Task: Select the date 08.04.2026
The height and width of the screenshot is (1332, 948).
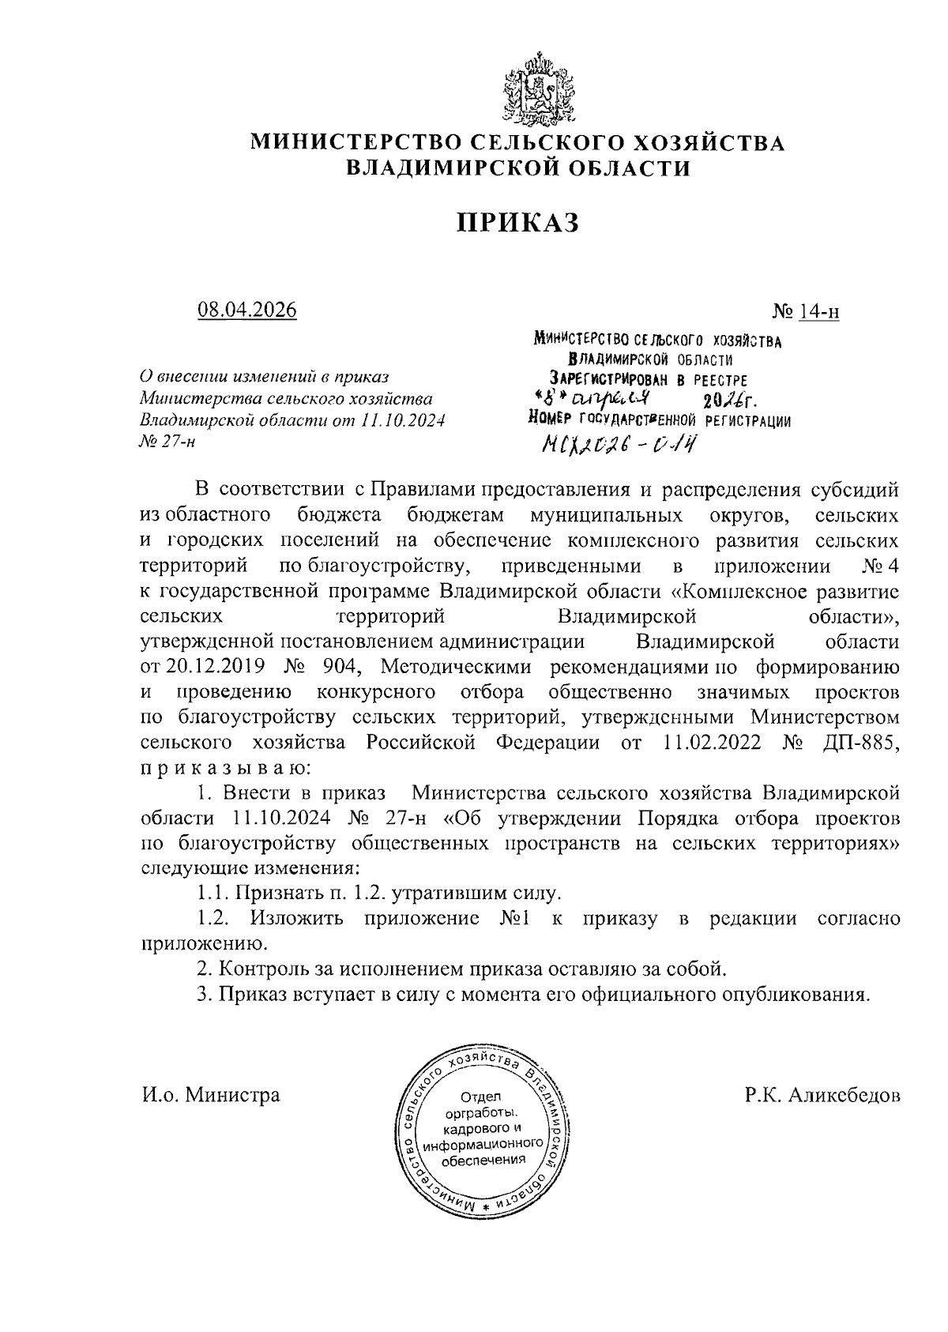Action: click(x=246, y=309)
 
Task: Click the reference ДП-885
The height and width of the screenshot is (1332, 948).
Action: click(x=856, y=743)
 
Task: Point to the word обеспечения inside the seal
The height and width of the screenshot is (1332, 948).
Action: click(x=483, y=1160)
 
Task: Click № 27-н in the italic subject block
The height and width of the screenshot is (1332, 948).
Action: click(x=166, y=441)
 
